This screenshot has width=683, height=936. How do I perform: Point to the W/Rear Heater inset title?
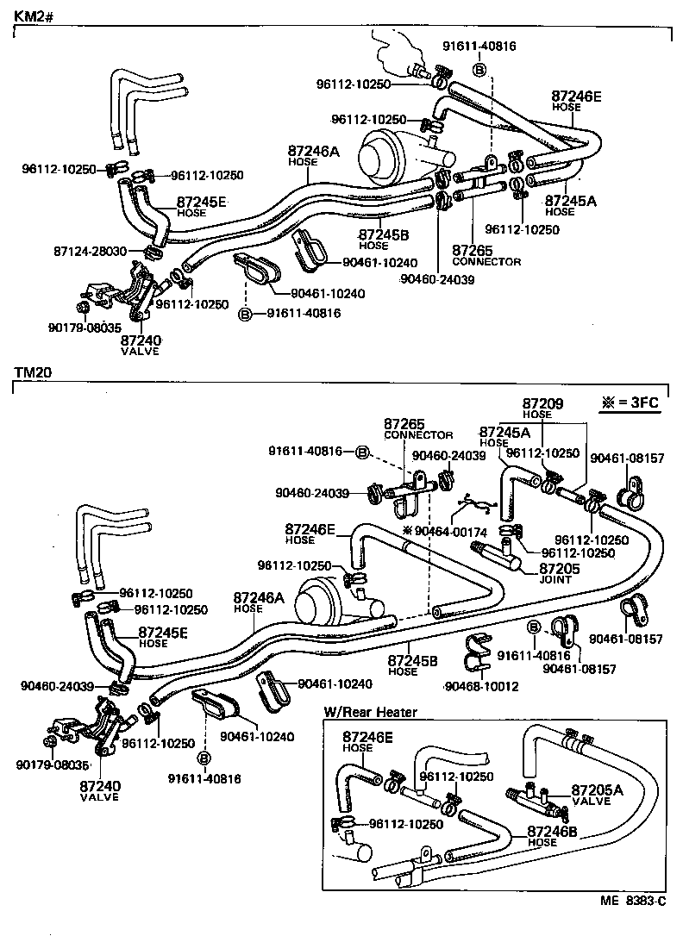pyautogui.click(x=370, y=712)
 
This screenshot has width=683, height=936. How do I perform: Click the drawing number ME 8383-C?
pyautogui.click(x=633, y=902)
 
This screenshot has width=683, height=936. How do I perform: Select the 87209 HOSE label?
pyautogui.click(x=543, y=408)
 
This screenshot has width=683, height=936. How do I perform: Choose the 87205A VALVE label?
pyautogui.click(x=596, y=795)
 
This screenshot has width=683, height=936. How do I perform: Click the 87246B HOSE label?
pyautogui.click(x=552, y=836)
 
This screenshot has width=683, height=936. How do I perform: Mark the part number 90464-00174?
pyautogui.click(x=450, y=532)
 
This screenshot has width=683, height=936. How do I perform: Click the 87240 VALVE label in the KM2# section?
pyautogui.click(x=141, y=346)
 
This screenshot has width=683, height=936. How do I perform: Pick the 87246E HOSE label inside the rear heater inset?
pyautogui.click(x=367, y=741)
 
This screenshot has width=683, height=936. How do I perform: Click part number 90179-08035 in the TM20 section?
pyautogui.click(x=52, y=764)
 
